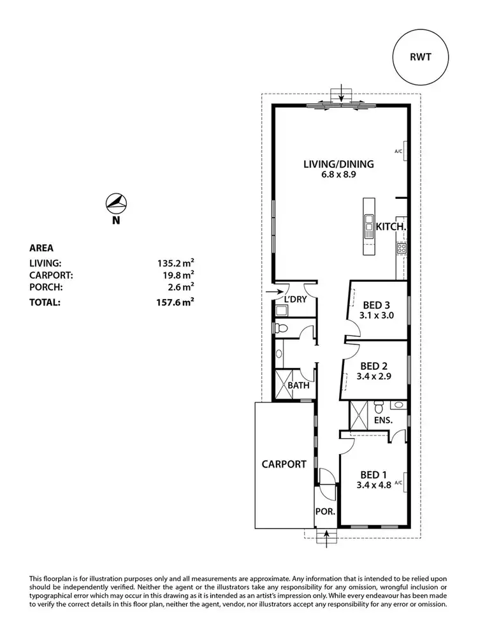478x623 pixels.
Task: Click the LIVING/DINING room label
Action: coord(338,164)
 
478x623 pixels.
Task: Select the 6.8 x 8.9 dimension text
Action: coord(338,175)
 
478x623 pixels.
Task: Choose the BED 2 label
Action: coord(375,366)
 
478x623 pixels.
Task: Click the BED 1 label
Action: coord(374,474)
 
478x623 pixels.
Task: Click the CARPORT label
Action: coord(284,464)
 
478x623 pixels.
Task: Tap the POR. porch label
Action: coord(326,512)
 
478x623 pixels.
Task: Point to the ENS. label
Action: coord(382,421)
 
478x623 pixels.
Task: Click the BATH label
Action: coord(298,386)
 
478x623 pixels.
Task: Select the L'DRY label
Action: coord(295,298)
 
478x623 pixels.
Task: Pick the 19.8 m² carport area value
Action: coord(178,275)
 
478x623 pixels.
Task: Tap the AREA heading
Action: coord(42,248)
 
